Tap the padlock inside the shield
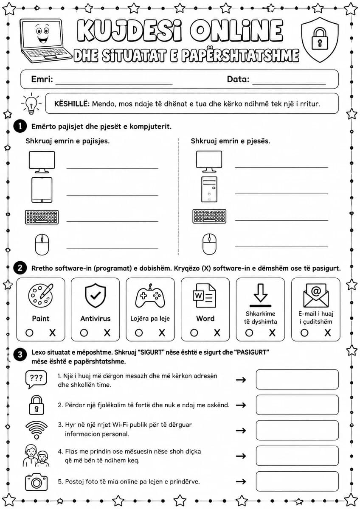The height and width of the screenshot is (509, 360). (x=320, y=39)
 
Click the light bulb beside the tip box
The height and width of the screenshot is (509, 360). (x=31, y=104)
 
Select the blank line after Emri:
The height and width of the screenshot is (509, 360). (x=114, y=84)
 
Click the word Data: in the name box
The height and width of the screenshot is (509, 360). (x=238, y=79)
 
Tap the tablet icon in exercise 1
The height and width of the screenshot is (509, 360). (x=42, y=190)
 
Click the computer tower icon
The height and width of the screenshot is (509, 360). (x=209, y=189)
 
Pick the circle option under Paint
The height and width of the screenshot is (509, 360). (x=29, y=333)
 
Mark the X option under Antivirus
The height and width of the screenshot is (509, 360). (x=107, y=333)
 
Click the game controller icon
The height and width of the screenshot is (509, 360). (x=150, y=295)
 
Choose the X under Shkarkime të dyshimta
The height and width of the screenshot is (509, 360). (x=272, y=333)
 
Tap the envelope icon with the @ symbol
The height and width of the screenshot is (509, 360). (x=316, y=295)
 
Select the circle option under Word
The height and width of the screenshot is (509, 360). (x=194, y=333)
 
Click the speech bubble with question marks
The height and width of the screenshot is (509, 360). (x=36, y=379)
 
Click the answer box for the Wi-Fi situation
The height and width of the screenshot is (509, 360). (x=297, y=431)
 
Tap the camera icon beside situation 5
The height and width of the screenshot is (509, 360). (x=37, y=482)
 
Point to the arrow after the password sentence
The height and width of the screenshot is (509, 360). (x=241, y=405)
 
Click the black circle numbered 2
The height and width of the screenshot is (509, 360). (x=20, y=268)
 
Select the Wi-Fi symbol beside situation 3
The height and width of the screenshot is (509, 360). (x=37, y=430)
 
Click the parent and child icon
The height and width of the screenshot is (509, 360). (x=36, y=456)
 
